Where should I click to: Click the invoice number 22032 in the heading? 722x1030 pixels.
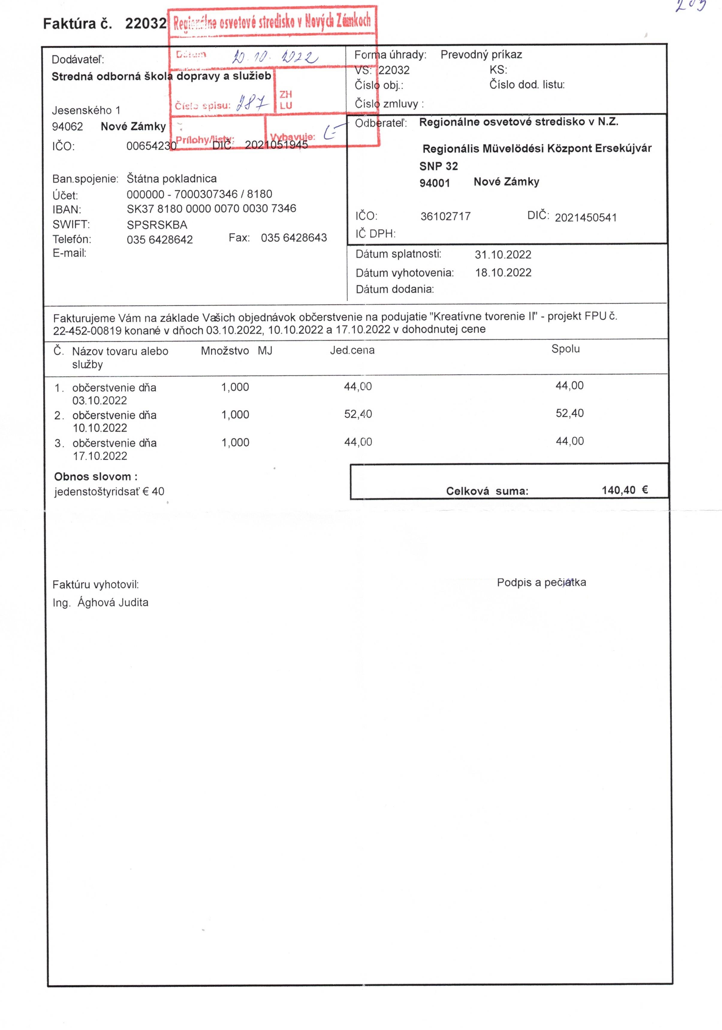point(145,23)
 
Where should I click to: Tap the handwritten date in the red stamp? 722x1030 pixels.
point(275,57)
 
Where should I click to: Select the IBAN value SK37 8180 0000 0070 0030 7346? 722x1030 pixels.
point(211,209)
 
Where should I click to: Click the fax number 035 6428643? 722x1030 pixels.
point(294,238)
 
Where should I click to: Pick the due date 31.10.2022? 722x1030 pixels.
point(503,255)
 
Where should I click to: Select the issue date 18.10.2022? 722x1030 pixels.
point(503,273)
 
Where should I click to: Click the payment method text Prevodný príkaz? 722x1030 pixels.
point(481,55)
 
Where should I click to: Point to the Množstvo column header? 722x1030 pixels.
point(225,351)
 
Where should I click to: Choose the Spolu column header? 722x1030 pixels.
point(565,349)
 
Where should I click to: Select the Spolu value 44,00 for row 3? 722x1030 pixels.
point(570,441)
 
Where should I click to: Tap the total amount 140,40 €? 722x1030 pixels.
point(625,490)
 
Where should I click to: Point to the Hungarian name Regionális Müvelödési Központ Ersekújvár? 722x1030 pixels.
point(537,148)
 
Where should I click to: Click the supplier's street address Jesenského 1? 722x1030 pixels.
point(86,110)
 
